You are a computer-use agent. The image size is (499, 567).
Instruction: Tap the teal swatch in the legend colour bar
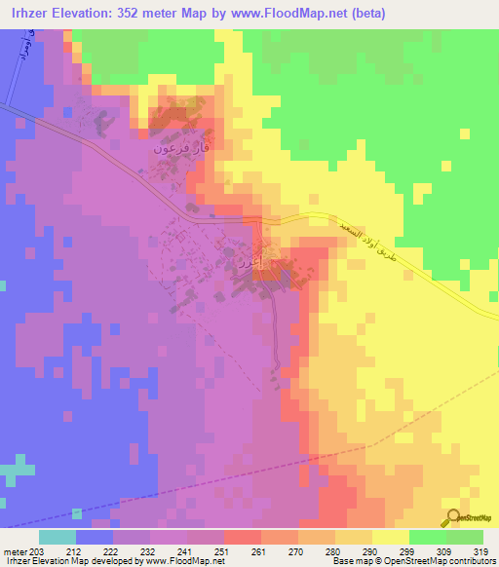57,536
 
